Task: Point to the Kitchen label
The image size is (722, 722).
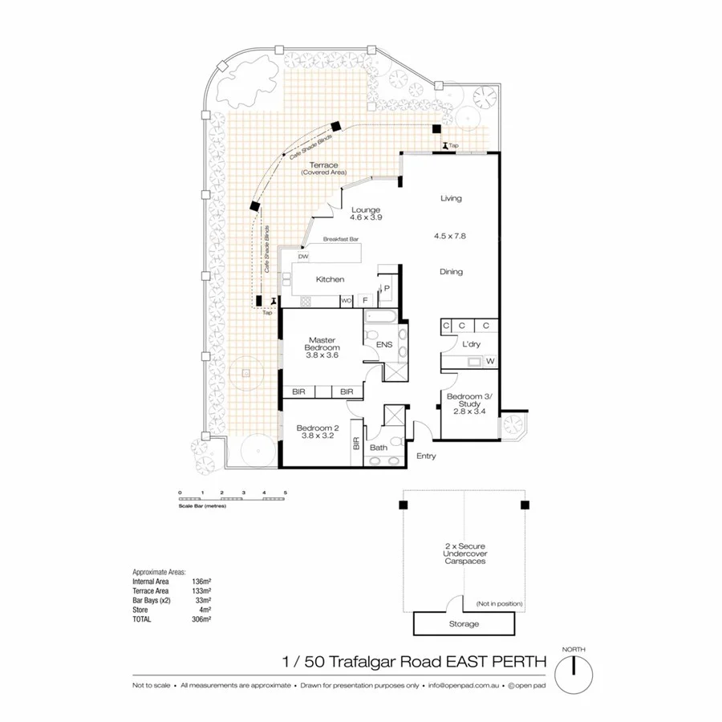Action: click(330, 279)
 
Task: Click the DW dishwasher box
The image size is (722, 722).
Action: click(303, 257)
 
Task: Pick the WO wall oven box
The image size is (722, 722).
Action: click(347, 302)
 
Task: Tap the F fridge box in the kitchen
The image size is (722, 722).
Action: click(366, 302)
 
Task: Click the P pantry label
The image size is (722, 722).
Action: click(386, 288)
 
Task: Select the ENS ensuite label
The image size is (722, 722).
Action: click(383, 346)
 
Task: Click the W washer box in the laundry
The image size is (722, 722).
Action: click(489, 362)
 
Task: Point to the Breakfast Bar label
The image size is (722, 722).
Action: click(340, 239)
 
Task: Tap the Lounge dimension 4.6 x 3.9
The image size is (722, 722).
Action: click(365, 217)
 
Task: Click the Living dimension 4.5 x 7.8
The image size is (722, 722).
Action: click(450, 236)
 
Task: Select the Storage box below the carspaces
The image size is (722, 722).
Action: click(464, 623)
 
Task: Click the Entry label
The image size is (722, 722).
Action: click(426, 456)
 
